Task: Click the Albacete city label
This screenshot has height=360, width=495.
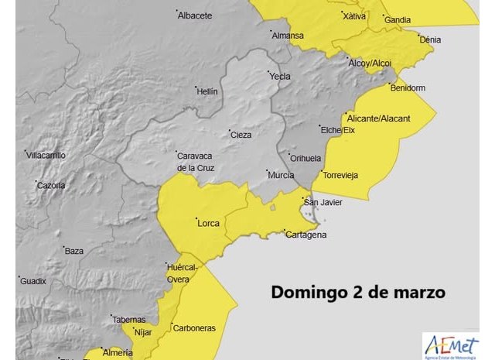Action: click(x=195, y=15)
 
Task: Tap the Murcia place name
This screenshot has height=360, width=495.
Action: click(x=280, y=176)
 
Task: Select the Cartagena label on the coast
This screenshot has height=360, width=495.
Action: click(x=306, y=235)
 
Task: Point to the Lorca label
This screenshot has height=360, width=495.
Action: click(x=209, y=224)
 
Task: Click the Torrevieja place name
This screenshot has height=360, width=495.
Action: click(x=341, y=175)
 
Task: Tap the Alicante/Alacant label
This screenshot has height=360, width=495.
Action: click(x=379, y=118)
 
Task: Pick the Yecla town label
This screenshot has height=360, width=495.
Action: click(x=279, y=77)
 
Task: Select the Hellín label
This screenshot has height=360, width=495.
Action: click(x=207, y=91)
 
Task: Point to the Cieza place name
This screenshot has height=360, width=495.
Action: click(x=241, y=135)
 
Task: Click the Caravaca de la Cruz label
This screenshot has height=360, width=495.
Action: click(x=195, y=161)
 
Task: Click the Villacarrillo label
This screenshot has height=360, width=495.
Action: click(x=46, y=156)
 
